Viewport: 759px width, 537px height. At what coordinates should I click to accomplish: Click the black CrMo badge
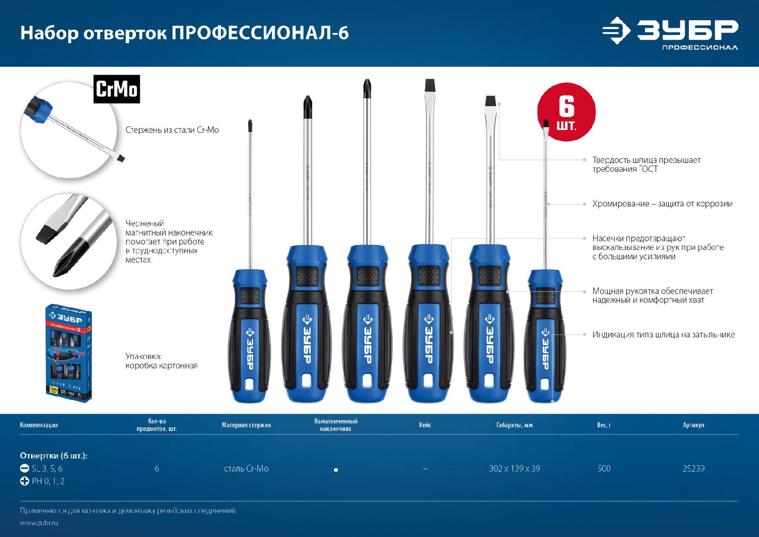click(x=117, y=89)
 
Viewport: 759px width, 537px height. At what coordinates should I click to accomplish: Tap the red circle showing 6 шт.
click(x=566, y=112)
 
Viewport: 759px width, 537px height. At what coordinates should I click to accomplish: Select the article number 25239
click(x=693, y=469)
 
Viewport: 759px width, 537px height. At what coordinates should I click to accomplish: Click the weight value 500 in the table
click(x=604, y=469)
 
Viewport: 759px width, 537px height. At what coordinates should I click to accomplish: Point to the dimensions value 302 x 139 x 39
click(x=514, y=469)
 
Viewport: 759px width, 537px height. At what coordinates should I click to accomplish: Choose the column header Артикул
click(x=693, y=425)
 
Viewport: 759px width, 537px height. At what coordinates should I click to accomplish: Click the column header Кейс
click(x=425, y=425)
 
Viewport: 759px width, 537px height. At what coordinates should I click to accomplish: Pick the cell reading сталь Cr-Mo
click(x=246, y=469)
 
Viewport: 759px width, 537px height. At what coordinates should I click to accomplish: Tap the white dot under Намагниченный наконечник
click(x=336, y=470)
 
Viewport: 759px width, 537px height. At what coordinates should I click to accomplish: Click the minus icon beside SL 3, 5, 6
click(x=25, y=469)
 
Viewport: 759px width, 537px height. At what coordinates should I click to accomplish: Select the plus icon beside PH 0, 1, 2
click(x=25, y=481)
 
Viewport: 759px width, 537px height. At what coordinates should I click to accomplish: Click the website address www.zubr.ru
click(x=39, y=523)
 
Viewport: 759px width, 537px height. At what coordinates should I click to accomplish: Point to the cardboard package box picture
click(x=69, y=353)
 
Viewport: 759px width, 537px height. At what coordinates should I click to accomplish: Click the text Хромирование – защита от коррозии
click(x=662, y=204)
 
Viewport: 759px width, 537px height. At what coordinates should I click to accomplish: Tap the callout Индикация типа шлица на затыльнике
click(x=663, y=335)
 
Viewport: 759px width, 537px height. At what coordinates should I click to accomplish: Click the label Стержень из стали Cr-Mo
click(x=172, y=130)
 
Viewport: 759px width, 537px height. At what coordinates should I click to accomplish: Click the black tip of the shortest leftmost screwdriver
click(x=250, y=126)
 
